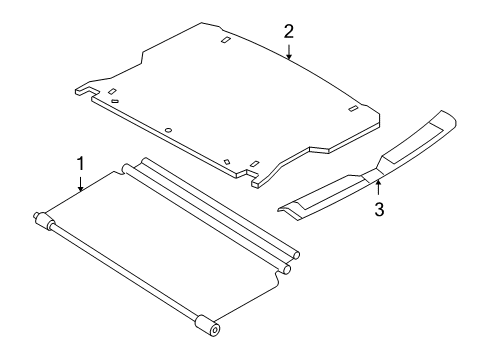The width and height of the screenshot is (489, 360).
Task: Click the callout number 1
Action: point(80,164)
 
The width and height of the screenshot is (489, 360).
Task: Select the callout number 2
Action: point(289,32)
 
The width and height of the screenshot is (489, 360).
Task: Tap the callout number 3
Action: point(379,209)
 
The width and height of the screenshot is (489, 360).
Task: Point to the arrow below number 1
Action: point(80,184)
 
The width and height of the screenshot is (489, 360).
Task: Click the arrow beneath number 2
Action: point(289,52)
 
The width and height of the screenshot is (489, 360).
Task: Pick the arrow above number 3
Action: point(378,187)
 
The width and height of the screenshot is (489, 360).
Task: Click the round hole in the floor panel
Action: point(169,130)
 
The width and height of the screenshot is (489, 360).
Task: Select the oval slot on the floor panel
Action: point(115,101)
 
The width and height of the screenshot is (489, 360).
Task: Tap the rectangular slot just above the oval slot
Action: point(112,91)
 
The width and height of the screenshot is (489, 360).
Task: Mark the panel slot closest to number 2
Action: point(226,39)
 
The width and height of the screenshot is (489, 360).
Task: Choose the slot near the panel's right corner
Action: point(353,108)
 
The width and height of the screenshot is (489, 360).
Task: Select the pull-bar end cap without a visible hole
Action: point(43,220)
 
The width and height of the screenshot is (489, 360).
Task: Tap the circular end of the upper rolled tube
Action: point(296,256)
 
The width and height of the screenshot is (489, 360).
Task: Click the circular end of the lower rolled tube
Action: point(287,269)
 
